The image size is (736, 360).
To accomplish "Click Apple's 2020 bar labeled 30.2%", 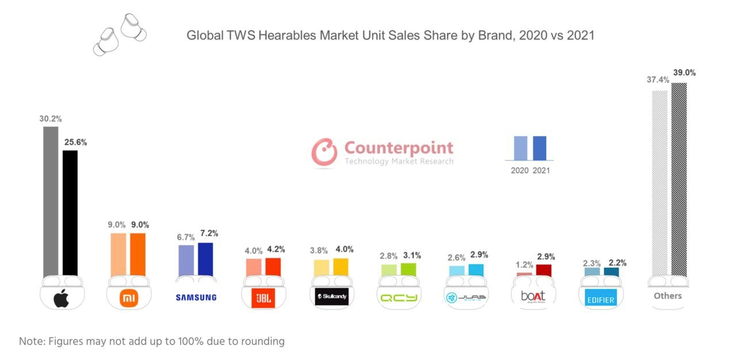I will pos(51,201).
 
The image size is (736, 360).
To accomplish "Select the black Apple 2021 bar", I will pos(70,213).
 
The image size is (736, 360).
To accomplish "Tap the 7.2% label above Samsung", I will pos(209,233).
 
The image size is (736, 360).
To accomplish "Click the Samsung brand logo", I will pos(196,297).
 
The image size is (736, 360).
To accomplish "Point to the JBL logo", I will pos(263,298).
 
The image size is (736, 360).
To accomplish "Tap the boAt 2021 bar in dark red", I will pos(543,270).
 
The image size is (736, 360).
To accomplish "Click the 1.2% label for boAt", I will pos(524,265).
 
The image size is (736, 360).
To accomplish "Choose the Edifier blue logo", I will pos(600,299).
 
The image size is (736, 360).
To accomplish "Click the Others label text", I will pos(668,296).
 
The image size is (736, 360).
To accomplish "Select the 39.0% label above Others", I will pos(684,73).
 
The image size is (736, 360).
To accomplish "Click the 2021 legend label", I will pos(541,170).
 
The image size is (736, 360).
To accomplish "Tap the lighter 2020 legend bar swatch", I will pos(520,148).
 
